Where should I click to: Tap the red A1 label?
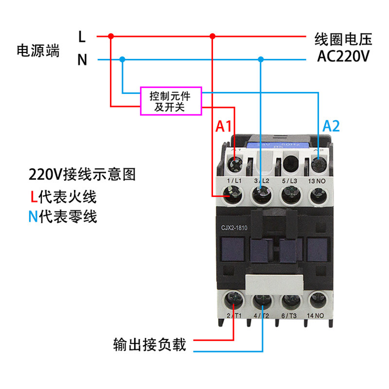click(x=224, y=127)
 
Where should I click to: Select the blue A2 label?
click(x=331, y=127)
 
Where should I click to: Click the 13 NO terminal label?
click(x=318, y=181)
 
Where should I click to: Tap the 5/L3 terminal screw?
click(x=290, y=196)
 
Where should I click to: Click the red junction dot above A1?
click(x=212, y=36)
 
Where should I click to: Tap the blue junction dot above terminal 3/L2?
click(x=261, y=60)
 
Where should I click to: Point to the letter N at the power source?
click(x=82, y=60)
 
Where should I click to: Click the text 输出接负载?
click(x=149, y=345)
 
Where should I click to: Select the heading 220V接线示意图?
click(x=82, y=174)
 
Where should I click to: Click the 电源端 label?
click(x=38, y=50)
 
